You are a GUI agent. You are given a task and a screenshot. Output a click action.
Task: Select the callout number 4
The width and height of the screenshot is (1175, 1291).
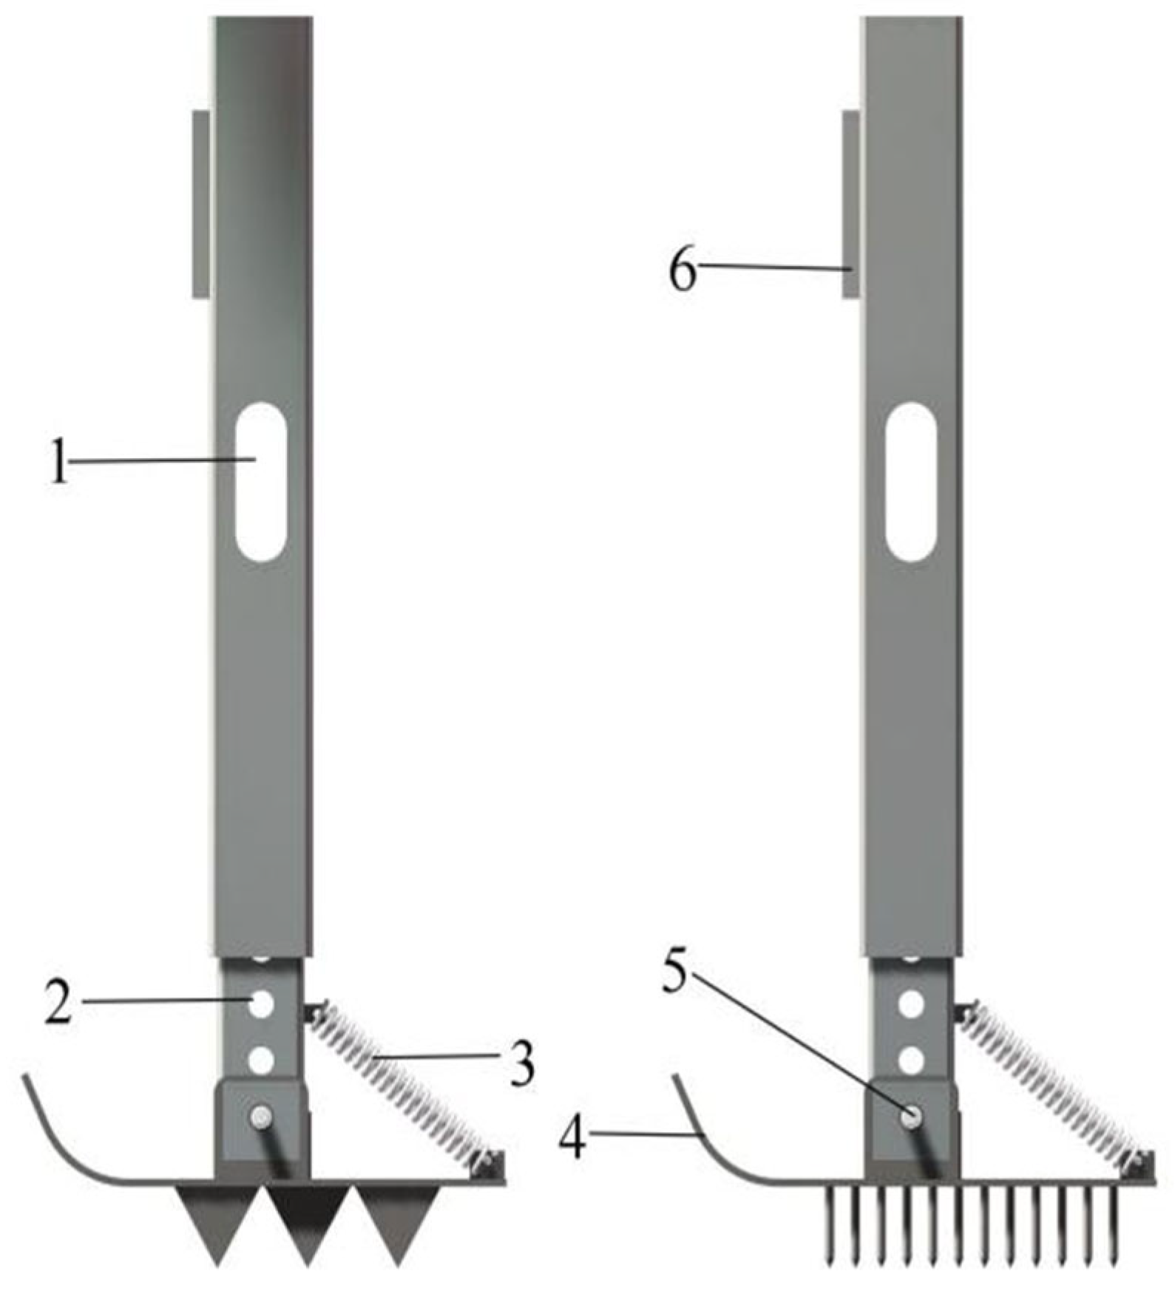pos(572,1139)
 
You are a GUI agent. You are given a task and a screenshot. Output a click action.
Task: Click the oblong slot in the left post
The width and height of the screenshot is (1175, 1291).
pos(260,482)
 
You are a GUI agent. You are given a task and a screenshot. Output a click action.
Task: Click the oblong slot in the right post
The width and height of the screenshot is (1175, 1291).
pos(911,482)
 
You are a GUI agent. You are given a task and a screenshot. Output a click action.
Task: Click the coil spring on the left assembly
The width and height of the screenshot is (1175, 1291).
pos(399,1079)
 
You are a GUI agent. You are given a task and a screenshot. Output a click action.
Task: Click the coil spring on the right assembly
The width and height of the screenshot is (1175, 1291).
pos(1050,1079)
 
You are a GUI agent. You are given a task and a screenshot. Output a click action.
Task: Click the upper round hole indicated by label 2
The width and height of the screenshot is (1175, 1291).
pos(261,1004)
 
